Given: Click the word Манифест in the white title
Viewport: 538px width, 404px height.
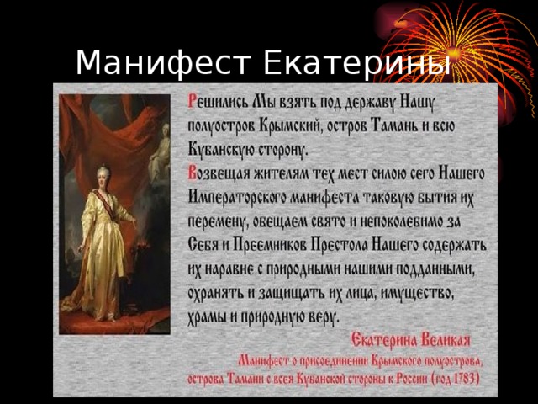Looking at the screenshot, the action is point(163,62).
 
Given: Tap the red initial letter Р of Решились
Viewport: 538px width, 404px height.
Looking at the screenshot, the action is point(191,102).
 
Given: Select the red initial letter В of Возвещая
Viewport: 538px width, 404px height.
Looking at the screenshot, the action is point(192,174).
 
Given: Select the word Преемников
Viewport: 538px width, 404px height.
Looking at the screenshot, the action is point(270,245).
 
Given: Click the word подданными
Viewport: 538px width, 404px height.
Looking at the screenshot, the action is point(435,269).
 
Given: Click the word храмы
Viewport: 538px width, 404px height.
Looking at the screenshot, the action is point(207,317).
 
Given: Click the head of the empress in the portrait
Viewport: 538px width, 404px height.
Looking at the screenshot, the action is point(103,176).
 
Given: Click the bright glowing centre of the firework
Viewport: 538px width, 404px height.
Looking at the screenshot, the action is point(455,52).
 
